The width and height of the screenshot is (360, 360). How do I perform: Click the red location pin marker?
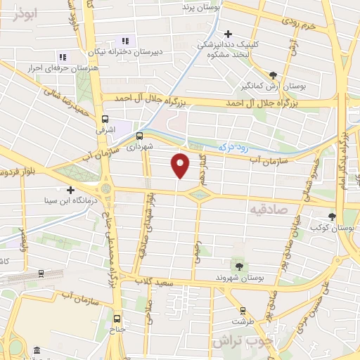point(181,165)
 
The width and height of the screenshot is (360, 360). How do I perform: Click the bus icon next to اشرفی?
point(105,119)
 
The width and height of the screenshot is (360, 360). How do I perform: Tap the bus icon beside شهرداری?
point(139,136)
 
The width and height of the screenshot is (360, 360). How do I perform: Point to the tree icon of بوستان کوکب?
point(332,217)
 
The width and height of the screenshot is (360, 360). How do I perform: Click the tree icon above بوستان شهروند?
point(240,266)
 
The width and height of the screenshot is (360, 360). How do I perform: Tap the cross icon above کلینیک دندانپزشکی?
point(228,33)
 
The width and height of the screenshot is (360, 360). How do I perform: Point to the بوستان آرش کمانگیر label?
point(275,86)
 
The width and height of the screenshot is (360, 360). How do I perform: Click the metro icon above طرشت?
point(242,309)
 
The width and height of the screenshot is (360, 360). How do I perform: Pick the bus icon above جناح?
point(117,318)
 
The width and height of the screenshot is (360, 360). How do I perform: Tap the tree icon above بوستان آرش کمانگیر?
point(274,73)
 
